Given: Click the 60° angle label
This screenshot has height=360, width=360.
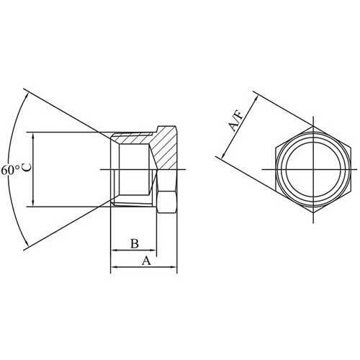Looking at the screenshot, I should click(x=9, y=171).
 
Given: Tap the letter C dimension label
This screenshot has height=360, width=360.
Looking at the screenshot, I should click(x=27, y=167).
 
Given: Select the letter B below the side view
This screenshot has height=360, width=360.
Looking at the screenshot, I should click(x=134, y=243).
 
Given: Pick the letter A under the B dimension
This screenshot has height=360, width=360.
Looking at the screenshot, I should click(x=146, y=261).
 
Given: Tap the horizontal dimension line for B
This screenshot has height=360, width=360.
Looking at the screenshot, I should click(x=133, y=251).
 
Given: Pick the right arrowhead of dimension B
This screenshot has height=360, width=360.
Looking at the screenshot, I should click(x=154, y=251).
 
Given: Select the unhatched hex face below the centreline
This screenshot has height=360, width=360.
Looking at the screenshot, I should click(x=166, y=199).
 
